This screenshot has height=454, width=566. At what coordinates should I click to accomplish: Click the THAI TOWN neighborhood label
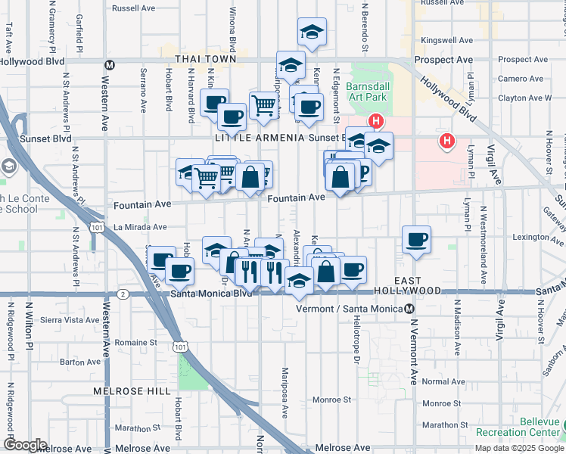205,58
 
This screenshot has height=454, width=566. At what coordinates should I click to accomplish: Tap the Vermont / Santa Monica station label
354,309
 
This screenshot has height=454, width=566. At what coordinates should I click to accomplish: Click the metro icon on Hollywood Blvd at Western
110,65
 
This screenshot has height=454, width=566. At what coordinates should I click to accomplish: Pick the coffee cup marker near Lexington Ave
416,240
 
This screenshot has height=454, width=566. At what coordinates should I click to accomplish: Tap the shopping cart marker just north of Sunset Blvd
263,106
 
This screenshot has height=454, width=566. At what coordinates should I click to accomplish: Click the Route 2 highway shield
123,293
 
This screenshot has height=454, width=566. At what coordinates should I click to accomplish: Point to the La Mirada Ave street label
140,226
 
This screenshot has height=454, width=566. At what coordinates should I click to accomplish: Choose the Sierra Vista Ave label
70,320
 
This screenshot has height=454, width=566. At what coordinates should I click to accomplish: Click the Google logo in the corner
25,445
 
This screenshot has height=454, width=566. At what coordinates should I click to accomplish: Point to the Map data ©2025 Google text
519,448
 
